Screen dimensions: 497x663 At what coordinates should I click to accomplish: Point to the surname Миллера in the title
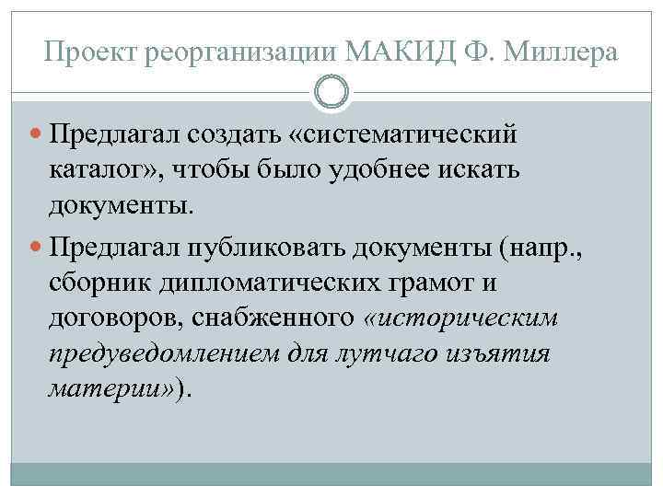[x=565, y=53]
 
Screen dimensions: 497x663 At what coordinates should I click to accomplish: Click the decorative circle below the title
[x=331, y=92]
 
